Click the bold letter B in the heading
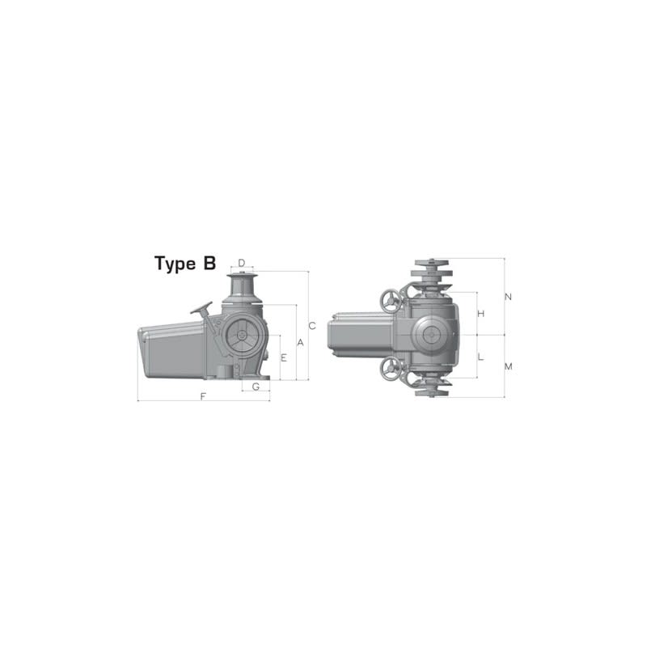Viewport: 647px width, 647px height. click(x=209, y=264)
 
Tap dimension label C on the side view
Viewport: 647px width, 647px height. click(x=311, y=325)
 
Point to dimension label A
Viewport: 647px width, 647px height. click(x=300, y=343)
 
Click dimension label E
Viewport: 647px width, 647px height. click(x=284, y=357)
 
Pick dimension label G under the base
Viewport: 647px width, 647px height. click(x=256, y=387)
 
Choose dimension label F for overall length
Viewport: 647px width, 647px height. click(x=203, y=396)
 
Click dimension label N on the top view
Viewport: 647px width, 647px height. click(x=508, y=297)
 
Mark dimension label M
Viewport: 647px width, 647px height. click(x=508, y=366)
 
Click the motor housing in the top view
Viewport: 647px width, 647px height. click(x=361, y=335)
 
